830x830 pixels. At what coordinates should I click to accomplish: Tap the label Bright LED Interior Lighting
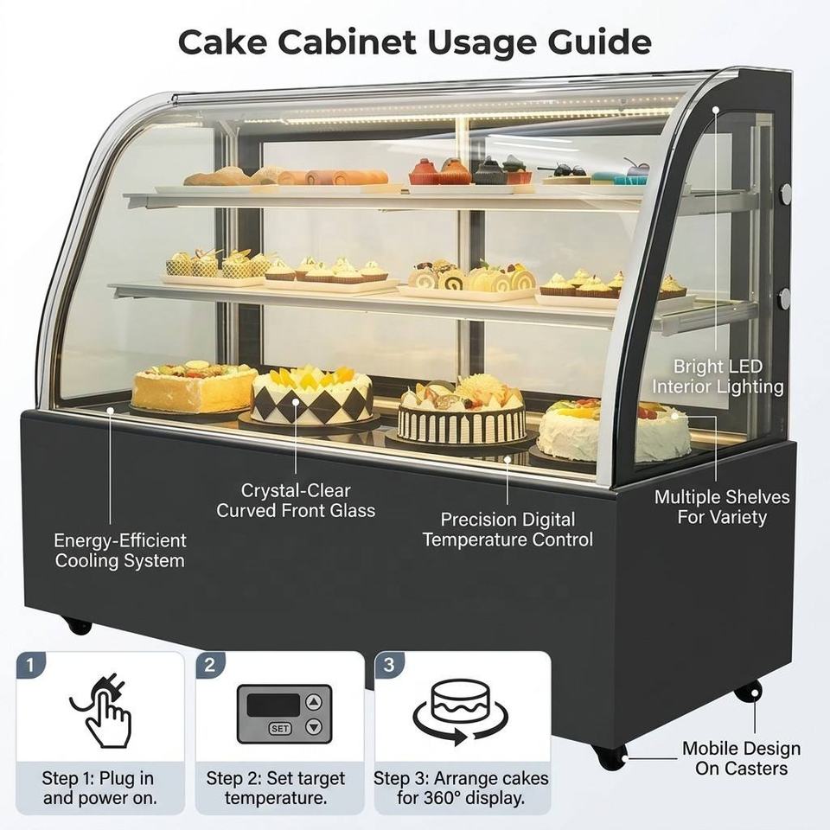click(718, 376)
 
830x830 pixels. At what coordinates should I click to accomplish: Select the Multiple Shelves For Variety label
click(722, 507)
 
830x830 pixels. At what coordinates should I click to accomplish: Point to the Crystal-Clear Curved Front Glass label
click(296, 501)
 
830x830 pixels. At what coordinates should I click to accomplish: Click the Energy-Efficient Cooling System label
click(120, 551)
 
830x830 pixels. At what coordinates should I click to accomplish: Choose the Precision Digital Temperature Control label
click(508, 529)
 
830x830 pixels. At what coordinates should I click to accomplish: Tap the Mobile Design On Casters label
click(741, 758)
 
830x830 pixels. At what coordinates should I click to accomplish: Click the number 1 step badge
click(30, 665)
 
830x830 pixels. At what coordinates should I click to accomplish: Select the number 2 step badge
click(210, 665)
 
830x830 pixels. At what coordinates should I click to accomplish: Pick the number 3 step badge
click(389, 665)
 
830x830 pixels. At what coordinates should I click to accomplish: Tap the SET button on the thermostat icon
click(280, 728)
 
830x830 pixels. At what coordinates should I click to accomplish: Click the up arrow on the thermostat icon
click(314, 702)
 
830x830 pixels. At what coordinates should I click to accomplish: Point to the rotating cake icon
click(460, 712)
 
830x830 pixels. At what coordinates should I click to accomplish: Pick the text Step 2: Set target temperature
click(275, 788)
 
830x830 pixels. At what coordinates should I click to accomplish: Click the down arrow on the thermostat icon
click(314, 727)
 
